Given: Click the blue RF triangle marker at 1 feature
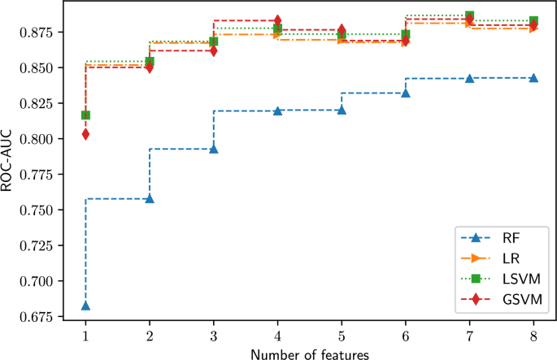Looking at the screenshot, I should pyautogui.click(x=85, y=306).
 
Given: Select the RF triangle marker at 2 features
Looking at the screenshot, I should pyautogui.click(x=150, y=198).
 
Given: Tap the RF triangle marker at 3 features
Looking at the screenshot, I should pyautogui.click(x=214, y=149).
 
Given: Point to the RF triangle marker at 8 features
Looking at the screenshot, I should pyautogui.click(x=533, y=78).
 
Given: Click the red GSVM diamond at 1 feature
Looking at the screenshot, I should pyautogui.click(x=85, y=134).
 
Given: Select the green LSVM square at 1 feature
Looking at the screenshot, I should pyautogui.click(x=85, y=115).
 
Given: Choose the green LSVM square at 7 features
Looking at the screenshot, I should pyautogui.click(x=469, y=16).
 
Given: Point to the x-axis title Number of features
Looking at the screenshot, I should pyautogui.click(x=309, y=353).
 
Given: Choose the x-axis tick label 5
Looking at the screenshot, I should pyautogui.click(x=342, y=334).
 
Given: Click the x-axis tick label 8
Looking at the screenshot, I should pyautogui.click(x=533, y=334).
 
